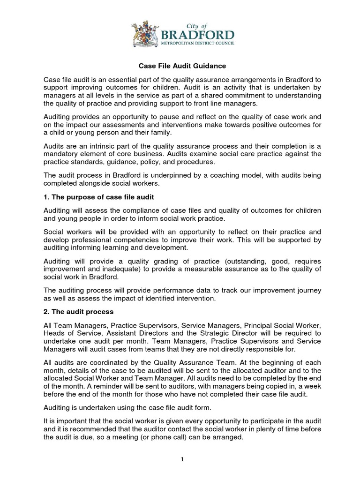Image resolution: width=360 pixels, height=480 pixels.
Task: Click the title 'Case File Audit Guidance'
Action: [x=180, y=67]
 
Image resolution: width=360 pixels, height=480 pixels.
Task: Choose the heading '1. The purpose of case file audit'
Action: [x=98, y=197]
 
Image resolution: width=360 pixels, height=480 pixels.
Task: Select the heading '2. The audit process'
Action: [x=78, y=311]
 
